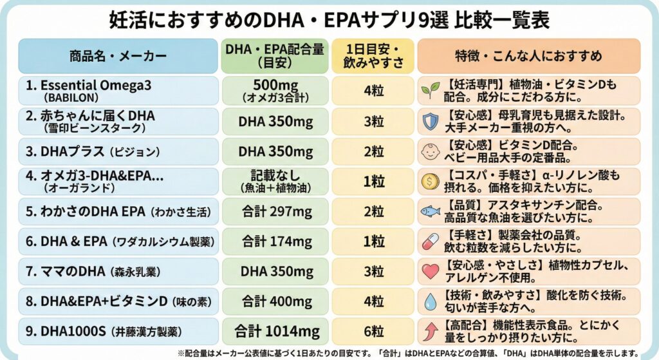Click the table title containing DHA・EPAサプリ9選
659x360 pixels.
pyautogui.click(x=329, y=20)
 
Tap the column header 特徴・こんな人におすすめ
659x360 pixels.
pyautogui.click(x=528, y=56)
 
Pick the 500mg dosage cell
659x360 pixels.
pyautogui.click(x=275, y=91)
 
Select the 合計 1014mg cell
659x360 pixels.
pyautogui.click(x=275, y=332)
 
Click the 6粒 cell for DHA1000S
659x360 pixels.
pyautogui.click(x=374, y=332)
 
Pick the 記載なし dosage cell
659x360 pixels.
pyautogui.click(x=275, y=182)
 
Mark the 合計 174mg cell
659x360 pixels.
pyautogui.click(x=275, y=242)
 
